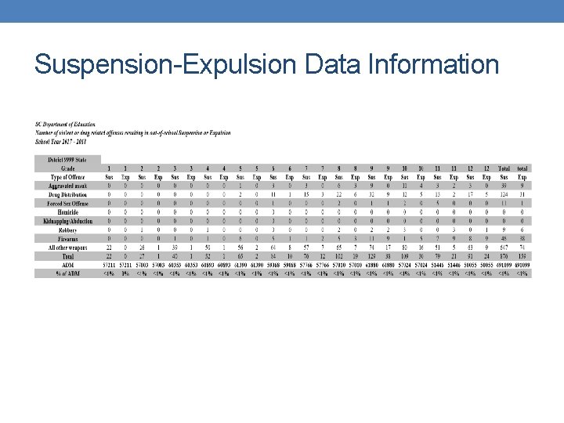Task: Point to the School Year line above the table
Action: pyautogui.click(x=63, y=142)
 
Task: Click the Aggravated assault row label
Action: pyautogui.click(x=68, y=186)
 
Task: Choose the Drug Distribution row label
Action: pyautogui.click(x=68, y=194)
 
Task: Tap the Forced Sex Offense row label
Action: pyautogui.click(x=68, y=203)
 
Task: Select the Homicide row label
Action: pyautogui.click(x=68, y=212)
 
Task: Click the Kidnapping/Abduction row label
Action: pyautogui.click(x=68, y=221)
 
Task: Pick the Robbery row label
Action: pyautogui.click(x=68, y=230)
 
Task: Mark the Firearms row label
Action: pyautogui.click(x=68, y=238)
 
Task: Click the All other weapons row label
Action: pyautogui.click(x=68, y=247)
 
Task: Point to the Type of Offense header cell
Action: pyautogui.click(x=68, y=177)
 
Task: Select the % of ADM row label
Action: pyautogui.click(x=68, y=273)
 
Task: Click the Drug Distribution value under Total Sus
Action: pyautogui.click(x=504, y=194)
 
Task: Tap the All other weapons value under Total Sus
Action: pyautogui.click(x=504, y=247)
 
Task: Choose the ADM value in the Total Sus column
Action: pyautogui.click(x=504, y=265)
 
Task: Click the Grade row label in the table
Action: pyautogui.click(x=68, y=168)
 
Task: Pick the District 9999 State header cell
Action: pyautogui.click(x=68, y=160)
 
